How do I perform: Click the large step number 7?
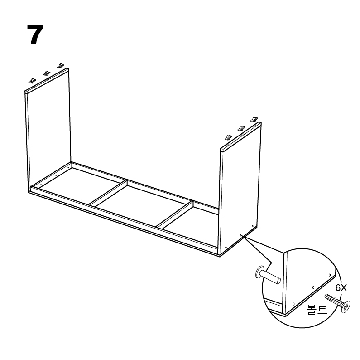(35, 34)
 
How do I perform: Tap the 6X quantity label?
(341, 287)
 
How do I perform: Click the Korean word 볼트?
(317, 310)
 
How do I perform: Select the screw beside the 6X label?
(338, 303)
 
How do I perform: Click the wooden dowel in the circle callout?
(268, 275)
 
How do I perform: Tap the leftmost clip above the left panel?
(32, 81)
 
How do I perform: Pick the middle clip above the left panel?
(47, 73)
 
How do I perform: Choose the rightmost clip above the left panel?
(61, 66)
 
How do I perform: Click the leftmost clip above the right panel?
(228, 137)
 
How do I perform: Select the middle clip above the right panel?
(241, 128)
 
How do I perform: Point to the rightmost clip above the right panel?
(254, 119)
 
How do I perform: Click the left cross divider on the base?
(108, 193)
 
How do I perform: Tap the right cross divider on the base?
(174, 215)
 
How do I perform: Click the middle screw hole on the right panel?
(240, 235)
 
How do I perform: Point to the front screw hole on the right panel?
(226, 248)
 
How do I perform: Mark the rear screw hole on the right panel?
(252, 226)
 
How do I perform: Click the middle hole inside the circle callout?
(313, 287)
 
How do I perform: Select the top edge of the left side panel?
(47, 80)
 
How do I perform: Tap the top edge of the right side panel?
(241, 136)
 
